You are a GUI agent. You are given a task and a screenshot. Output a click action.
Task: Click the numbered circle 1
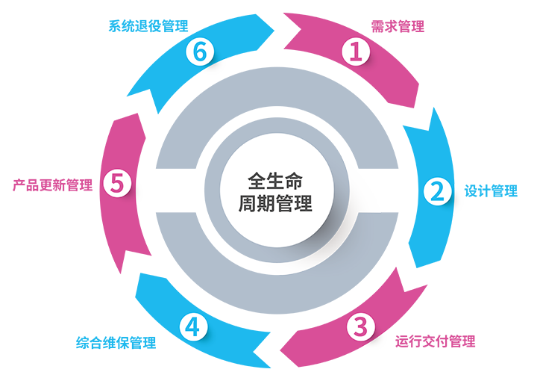coord(356,52)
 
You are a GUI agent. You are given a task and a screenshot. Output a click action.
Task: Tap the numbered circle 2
coord(438,190)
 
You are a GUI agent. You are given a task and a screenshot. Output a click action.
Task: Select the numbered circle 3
coord(361,326)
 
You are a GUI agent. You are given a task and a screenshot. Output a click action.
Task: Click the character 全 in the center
coord(256,182)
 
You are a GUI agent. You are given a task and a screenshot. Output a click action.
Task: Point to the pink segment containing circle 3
coord(433,314)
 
